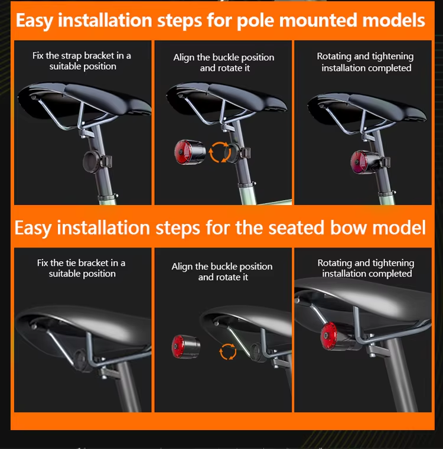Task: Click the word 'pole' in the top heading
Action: pos(255,21)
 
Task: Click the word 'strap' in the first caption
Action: pos(71,56)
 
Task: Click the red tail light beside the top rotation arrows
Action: pos(190,152)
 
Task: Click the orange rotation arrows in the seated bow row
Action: pos(228,352)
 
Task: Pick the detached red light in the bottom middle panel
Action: pos(186,347)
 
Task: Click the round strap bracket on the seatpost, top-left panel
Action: pos(92,162)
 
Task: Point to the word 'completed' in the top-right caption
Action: pos(391,68)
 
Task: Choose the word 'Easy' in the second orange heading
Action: pos(33,228)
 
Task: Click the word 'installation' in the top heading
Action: pos(105,20)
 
